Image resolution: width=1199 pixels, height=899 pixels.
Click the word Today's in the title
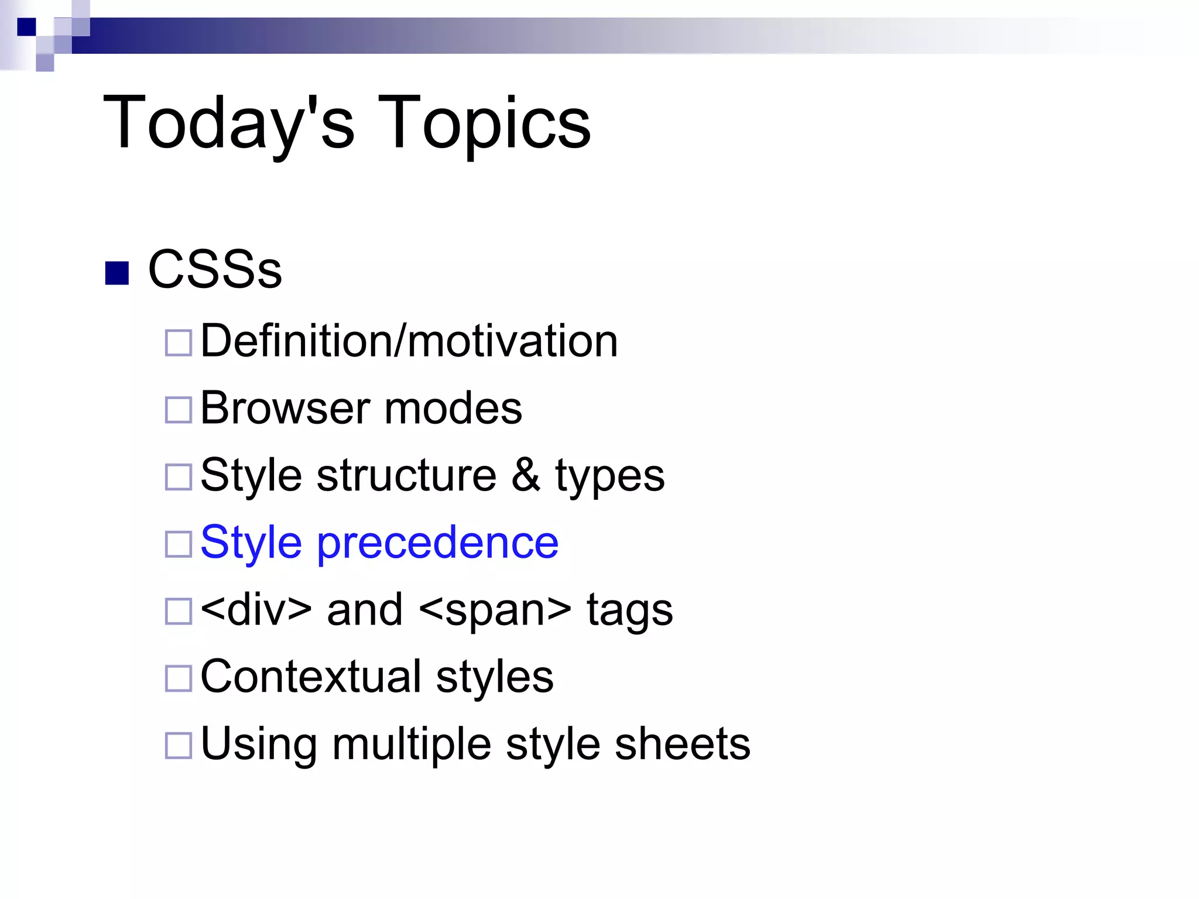pyautogui.click(x=229, y=123)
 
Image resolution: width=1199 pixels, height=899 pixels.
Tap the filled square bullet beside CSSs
pyautogui.click(x=117, y=273)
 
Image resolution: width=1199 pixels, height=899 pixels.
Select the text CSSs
pyautogui.click(x=215, y=270)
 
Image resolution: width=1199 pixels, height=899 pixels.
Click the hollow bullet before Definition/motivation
pyautogui.click(x=179, y=343)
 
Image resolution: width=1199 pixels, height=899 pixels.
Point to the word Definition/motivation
pyautogui.click(x=409, y=341)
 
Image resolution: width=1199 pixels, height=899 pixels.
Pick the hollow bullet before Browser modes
pyautogui.click(x=179, y=410)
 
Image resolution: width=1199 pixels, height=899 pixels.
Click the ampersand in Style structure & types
pyautogui.click(x=526, y=475)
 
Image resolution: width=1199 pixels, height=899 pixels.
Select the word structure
pyautogui.click(x=407, y=475)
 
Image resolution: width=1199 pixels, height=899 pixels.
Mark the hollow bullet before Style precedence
pyautogui.click(x=179, y=544)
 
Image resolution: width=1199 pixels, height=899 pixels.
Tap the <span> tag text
pyautogui.click(x=495, y=610)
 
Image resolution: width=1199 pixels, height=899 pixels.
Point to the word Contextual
pyautogui.click(x=311, y=677)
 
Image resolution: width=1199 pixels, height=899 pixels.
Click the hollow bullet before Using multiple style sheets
pyautogui.click(x=179, y=746)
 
